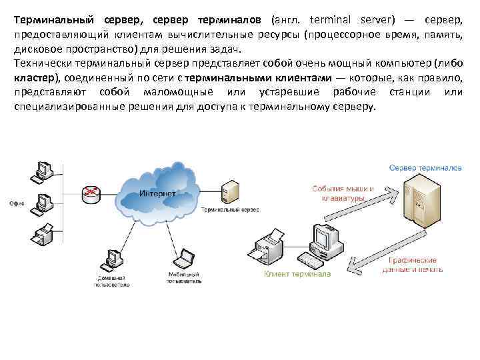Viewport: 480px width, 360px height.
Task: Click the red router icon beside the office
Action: [89, 193]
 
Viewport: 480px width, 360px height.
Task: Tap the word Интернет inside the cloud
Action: [158, 193]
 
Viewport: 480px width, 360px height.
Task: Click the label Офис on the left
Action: [16, 202]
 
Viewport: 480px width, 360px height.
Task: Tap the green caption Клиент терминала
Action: [297, 273]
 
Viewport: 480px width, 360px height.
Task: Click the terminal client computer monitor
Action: [327, 237]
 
